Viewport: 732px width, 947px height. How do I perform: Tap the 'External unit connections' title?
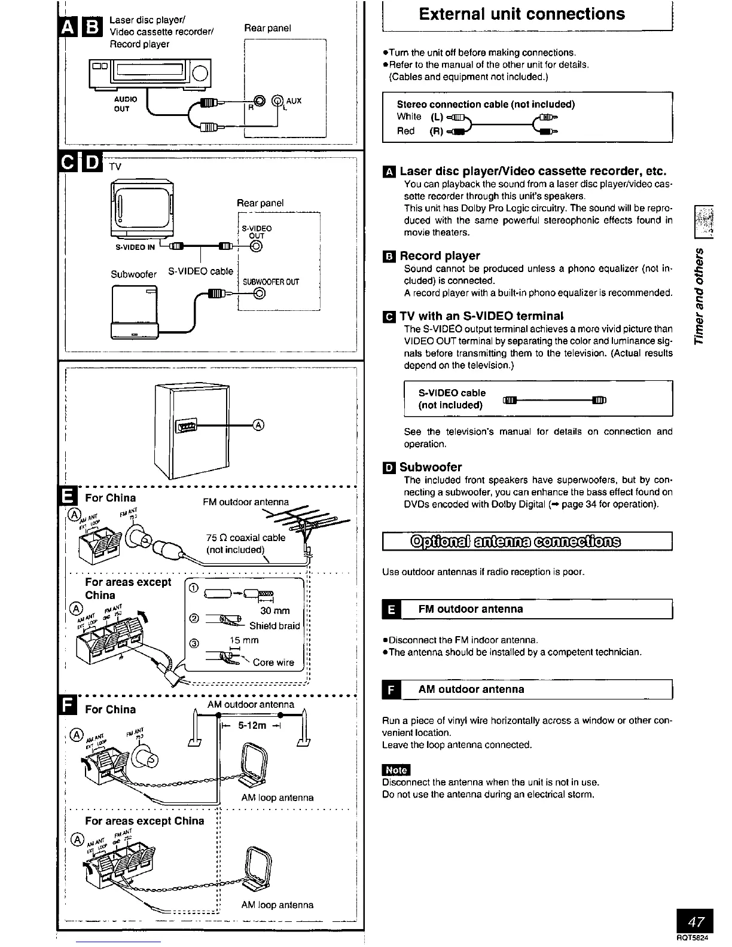point(522,14)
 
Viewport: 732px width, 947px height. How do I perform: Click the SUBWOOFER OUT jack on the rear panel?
point(258,293)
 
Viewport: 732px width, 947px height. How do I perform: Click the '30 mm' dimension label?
point(275,610)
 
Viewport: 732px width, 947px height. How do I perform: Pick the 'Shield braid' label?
point(274,625)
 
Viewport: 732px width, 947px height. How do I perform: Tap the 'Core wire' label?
point(273,662)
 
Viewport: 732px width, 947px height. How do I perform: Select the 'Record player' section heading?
point(440,256)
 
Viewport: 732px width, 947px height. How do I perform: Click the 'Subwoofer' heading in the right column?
point(431,467)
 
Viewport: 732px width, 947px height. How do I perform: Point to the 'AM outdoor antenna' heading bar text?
point(471,689)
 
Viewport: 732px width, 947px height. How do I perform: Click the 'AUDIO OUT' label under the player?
point(126,104)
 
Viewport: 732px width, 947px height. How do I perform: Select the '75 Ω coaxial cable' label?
point(246,537)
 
